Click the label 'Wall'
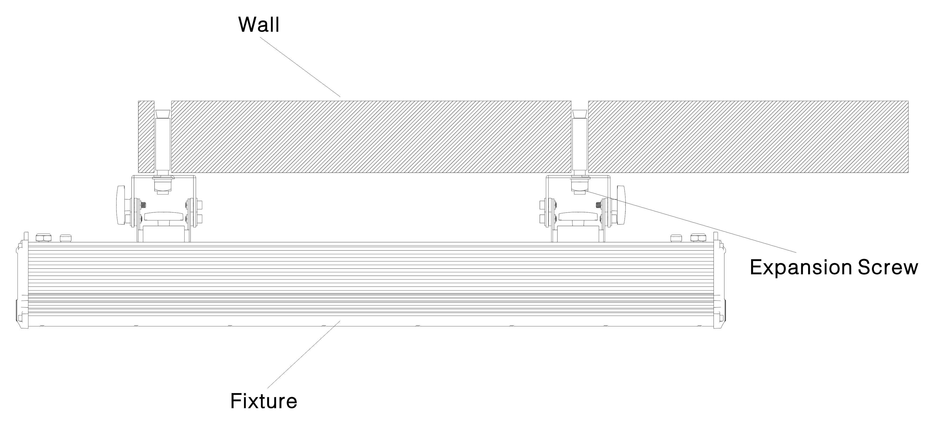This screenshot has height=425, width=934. (259, 25)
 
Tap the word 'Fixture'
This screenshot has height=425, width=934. (264, 401)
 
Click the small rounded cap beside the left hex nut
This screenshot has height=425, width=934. (65, 238)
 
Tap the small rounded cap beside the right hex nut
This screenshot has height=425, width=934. (676, 238)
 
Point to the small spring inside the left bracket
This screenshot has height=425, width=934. (144, 205)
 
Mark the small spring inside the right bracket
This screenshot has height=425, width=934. (598, 205)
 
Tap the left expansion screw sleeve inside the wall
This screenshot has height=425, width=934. (162, 145)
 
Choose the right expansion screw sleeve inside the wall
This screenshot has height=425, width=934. (579, 145)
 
